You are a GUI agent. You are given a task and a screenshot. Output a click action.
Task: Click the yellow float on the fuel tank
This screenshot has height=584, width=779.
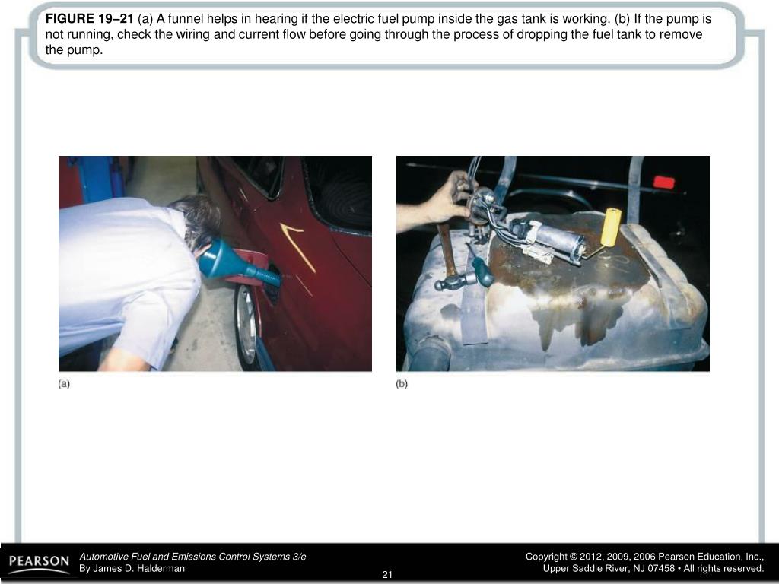coord(611,227)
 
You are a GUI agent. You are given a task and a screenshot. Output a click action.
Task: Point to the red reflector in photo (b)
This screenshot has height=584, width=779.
coord(663,182)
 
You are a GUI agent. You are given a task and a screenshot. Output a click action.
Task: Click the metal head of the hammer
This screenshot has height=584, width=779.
coord(453,282)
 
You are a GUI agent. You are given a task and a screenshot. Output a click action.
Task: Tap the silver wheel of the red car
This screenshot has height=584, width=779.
coord(246,325)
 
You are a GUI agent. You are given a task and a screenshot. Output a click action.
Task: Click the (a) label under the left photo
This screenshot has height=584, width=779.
coord(64,384)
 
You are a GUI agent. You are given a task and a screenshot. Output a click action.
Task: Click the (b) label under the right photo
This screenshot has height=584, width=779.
coord(402,384)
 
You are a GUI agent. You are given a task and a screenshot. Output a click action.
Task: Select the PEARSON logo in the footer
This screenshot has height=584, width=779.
coord(40,562)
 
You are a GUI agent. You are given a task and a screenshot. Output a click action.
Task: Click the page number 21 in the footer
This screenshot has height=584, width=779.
coord(387,575)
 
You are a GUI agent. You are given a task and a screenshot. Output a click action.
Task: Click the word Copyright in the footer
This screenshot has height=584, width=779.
coord(546,557)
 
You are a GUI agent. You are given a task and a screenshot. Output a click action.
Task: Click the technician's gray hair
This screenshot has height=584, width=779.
coord(196,218)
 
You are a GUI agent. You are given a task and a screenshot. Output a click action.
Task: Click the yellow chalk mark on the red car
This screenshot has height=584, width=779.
coord(298,246)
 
